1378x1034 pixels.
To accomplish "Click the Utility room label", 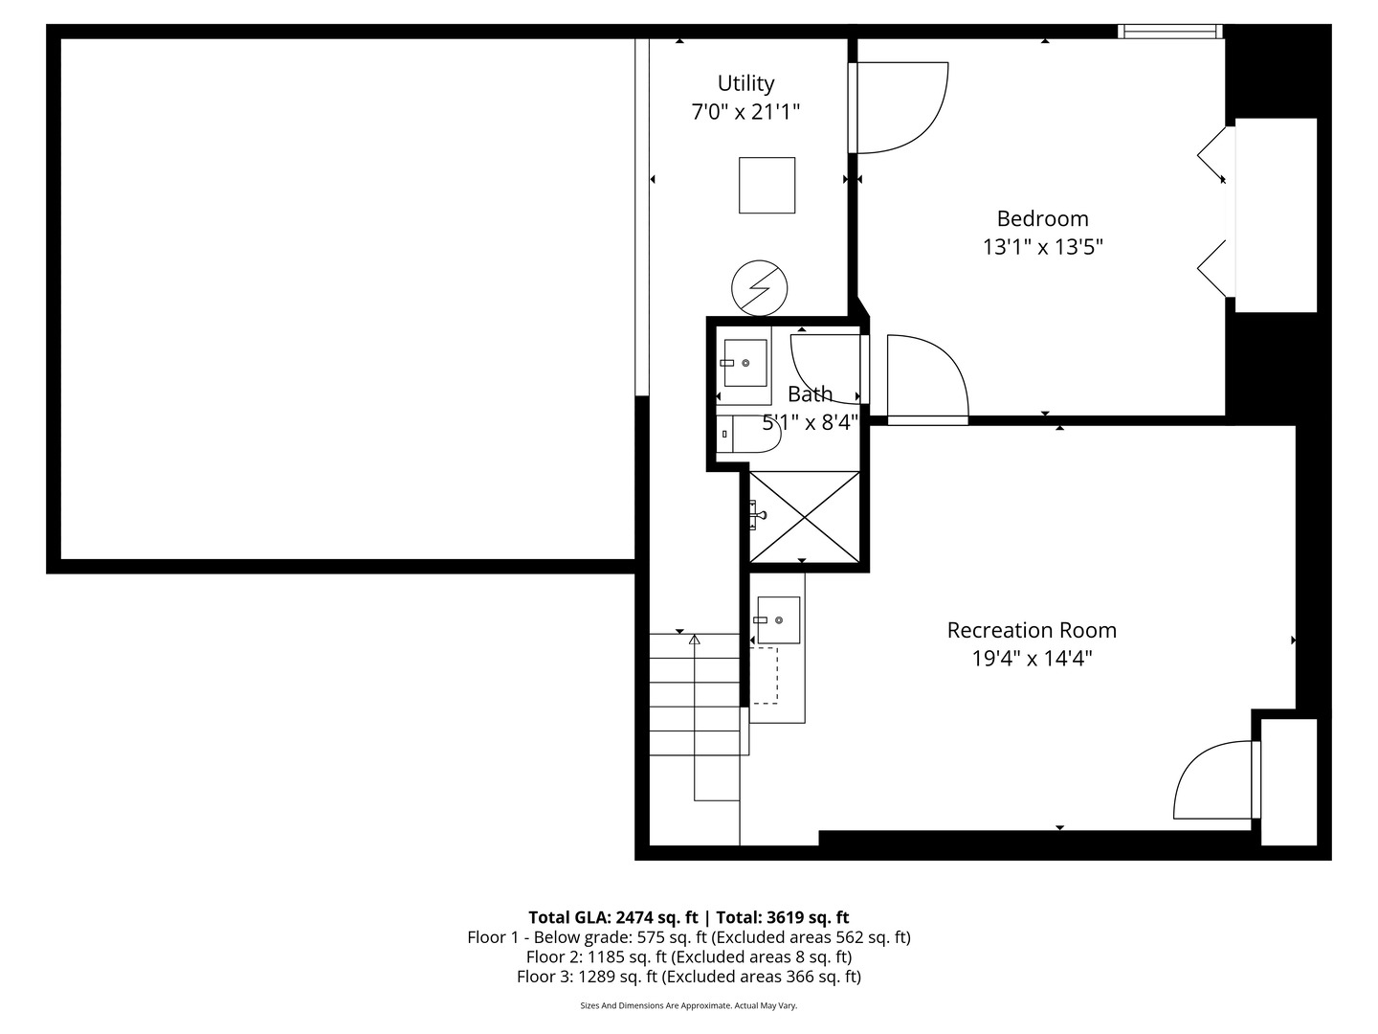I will tap(745, 83).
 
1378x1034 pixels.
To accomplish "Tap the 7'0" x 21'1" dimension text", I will tap(745, 112).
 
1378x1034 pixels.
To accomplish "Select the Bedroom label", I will tap(1042, 218).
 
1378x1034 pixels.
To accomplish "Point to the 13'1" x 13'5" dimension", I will tap(1042, 247).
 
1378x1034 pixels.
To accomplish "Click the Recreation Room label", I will tap(1032, 630).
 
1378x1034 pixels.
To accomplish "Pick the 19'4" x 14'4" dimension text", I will tap(1032, 659).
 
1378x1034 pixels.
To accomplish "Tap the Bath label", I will tap(810, 393).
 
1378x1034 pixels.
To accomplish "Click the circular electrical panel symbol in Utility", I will tap(759, 288).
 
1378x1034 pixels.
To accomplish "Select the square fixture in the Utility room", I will tap(767, 186).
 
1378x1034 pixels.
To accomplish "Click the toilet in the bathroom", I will tap(749, 435).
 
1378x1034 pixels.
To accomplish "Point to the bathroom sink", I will tap(745, 363).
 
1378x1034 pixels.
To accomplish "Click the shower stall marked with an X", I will tap(805, 517).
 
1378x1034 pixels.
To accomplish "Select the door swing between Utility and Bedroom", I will tap(900, 107).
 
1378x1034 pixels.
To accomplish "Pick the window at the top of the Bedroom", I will tap(1170, 32).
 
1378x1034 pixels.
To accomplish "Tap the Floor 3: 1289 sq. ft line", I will tap(688, 977).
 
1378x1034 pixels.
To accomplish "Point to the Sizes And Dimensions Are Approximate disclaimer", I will tap(688, 1006).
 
